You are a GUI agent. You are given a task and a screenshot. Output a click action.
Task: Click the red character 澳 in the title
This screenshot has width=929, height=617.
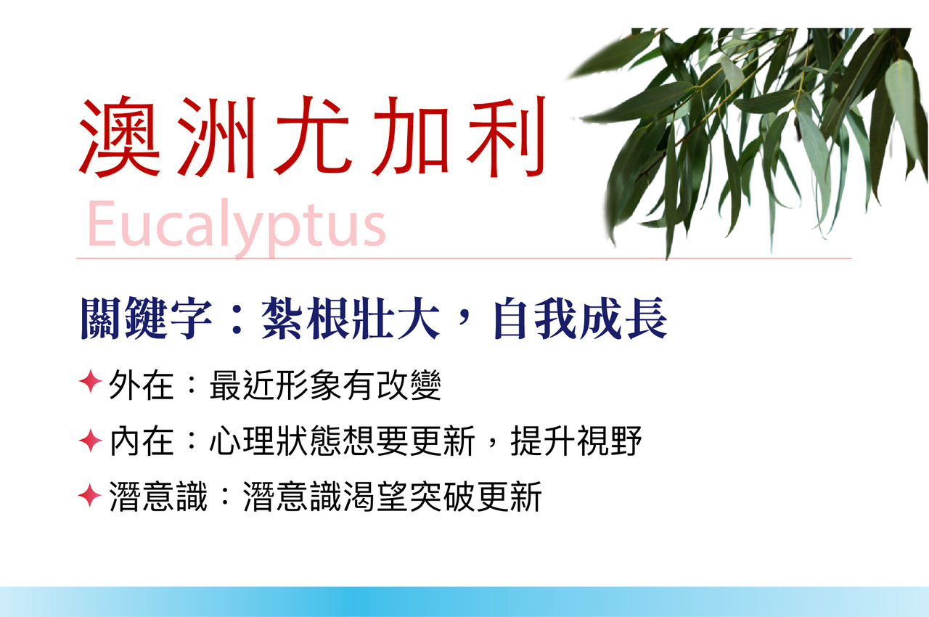tap(120, 137)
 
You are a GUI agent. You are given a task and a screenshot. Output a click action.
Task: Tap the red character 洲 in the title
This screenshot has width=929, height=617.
tap(217, 137)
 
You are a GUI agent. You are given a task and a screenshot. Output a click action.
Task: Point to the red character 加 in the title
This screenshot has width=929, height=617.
tap(411, 137)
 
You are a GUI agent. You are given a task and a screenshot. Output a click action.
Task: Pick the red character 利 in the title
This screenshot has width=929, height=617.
tap(506, 137)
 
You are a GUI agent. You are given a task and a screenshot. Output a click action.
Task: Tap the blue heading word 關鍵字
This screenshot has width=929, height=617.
tap(146, 319)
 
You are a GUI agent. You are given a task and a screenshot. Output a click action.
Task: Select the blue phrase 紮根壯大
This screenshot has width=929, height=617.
tap(351, 319)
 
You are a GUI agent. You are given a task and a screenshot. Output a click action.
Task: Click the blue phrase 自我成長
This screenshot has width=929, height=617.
tap(581, 319)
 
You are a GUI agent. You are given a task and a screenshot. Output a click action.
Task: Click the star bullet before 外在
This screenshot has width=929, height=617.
tap(91, 382)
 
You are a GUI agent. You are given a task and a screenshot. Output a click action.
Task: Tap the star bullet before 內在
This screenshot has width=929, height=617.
tap(91, 440)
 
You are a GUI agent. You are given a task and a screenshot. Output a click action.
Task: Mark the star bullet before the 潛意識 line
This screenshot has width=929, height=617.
tap(89, 496)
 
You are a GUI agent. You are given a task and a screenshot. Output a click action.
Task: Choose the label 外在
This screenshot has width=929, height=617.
tap(141, 385)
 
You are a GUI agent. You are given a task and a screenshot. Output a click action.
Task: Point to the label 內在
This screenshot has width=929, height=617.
tap(141, 442)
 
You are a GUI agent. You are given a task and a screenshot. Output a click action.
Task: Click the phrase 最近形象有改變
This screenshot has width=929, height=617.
tap(326, 385)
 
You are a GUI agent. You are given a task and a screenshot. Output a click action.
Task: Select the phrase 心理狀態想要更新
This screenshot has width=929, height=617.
tap(342, 441)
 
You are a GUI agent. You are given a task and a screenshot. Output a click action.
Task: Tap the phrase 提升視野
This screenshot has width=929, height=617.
tap(576, 441)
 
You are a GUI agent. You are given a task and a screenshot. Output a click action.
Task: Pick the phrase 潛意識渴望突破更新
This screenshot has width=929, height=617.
tap(393, 497)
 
